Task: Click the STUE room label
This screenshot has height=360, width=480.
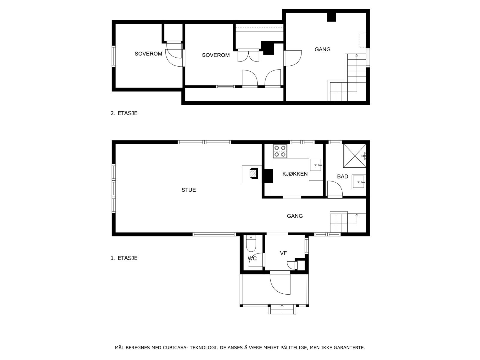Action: tap(188, 190)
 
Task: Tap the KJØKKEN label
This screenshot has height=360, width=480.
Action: tap(295, 174)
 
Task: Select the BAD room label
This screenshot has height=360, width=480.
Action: tap(343, 176)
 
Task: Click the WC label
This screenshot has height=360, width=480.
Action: tap(252, 258)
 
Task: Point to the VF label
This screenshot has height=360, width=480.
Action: tap(283, 253)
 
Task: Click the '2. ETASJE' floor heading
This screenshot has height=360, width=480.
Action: tap(124, 113)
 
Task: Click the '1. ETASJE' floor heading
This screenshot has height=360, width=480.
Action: tap(124, 258)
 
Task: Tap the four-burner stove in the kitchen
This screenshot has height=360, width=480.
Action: tap(280, 151)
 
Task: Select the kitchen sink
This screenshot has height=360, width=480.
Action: tap(316, 164)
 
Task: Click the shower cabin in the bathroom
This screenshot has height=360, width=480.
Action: tap(355, 156)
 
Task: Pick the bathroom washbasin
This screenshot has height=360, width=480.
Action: tap(358, 181)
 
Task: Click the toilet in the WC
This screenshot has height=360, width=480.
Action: tap(250, 244)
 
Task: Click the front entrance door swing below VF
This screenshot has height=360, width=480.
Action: tap(280, 283)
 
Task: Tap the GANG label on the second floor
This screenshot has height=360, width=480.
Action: tap(322, 49)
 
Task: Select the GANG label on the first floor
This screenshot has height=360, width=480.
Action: tap(295, 216)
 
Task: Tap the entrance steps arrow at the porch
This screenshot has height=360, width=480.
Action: tap(282, 306)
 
